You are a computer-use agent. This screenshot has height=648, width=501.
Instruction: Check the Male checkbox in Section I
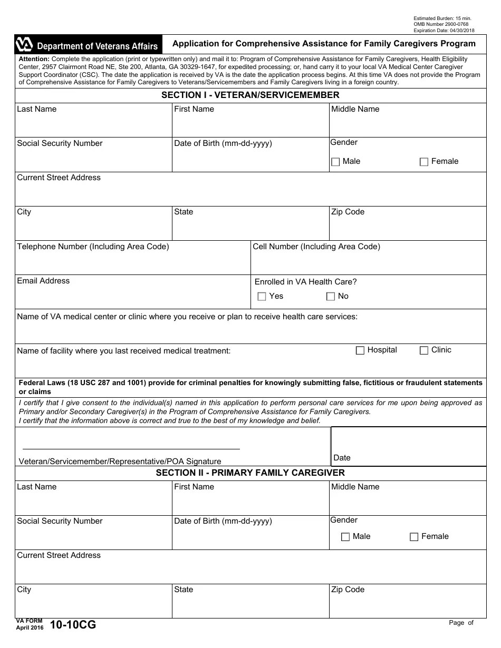pos(335,162)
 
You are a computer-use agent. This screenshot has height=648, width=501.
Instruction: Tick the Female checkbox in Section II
pos(414,537)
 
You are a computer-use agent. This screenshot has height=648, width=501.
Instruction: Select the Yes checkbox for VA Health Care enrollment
pos(262,297)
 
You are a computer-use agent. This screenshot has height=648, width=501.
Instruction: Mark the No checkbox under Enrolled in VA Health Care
pos(331,297)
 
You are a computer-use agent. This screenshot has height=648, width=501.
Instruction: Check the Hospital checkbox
pos(360,350)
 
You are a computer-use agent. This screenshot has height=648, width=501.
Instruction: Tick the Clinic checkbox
pos(424,350)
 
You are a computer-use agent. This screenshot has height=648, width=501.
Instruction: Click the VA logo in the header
pos(25,45)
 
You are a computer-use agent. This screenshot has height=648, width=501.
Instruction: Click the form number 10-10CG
pos(73,625)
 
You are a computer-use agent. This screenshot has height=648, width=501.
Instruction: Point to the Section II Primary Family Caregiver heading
pos(250,473)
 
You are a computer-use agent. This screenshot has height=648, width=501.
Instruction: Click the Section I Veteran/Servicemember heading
pos(250,95)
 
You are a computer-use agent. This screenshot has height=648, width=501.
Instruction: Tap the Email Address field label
pos(43,281)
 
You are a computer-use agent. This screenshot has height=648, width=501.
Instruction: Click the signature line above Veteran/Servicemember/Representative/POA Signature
pos(131,448)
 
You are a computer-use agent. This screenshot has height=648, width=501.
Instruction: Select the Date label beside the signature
pos(342,458)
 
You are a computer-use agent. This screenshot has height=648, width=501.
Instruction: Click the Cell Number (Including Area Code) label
pos(316,247)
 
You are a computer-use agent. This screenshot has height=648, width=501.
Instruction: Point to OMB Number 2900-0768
pos(441,24)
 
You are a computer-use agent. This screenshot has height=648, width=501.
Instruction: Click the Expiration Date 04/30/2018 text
pos(444,31)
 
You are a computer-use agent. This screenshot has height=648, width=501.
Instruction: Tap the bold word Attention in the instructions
pos(34,59)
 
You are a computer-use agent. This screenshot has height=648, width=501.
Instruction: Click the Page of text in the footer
pos(461,623)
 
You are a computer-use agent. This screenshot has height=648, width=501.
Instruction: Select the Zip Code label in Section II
pos(348,590)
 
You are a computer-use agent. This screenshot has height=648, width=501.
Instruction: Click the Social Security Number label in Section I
pos(60,143)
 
